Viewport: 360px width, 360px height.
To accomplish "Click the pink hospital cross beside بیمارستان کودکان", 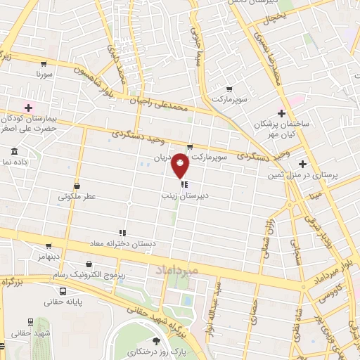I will coord(29,107).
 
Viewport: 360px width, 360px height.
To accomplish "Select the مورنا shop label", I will coord(44,73).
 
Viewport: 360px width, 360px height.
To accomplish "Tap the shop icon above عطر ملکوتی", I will coord(77,186).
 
